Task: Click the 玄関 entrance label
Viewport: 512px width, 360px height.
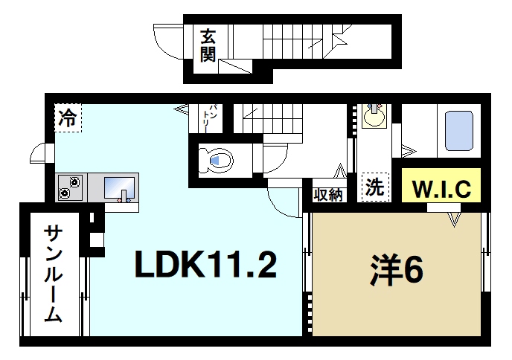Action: tap(208, 45)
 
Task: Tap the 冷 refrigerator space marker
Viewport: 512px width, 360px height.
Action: tap(68, 117)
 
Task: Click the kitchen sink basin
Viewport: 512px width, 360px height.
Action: tap(119, 188)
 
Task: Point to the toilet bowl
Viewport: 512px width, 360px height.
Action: tap(217, 159)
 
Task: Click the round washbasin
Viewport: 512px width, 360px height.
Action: tap(373, 117)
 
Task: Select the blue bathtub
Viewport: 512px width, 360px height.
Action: tap(459, 132)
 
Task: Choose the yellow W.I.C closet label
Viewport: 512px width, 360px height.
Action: tap(441, 187)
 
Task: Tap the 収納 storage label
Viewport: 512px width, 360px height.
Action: tap(328, 195)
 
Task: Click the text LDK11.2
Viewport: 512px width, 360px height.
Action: tap(205, 264)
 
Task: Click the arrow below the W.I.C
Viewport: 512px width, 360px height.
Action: tap(454, 219)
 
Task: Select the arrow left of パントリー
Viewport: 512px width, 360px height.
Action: tap(180, 109)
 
